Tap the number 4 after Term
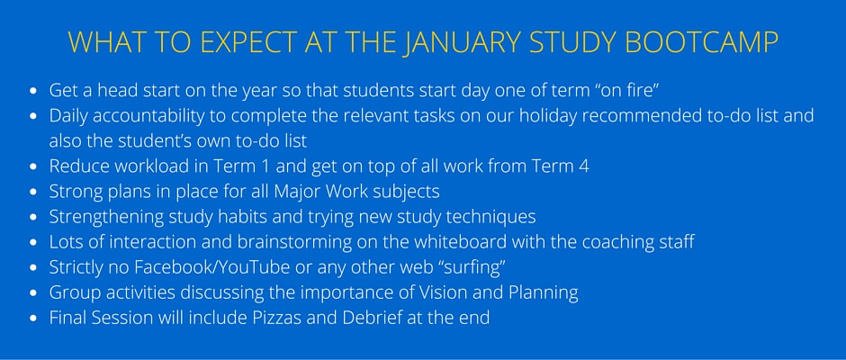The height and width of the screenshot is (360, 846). pos(584,166)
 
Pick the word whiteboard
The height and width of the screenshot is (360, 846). pos(460,242)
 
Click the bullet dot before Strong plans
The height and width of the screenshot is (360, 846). pos(33,192)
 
